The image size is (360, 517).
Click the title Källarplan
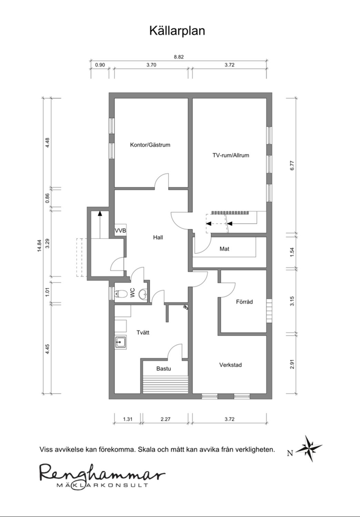[x=177, y=31]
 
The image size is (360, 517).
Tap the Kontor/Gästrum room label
[x=150, y=145]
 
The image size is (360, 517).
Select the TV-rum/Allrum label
[x=231, y=155]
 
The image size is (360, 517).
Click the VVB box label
[x=120, y=230]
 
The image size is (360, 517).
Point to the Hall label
[x=158, y=237]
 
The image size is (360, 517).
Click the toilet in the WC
[x=121, y=294]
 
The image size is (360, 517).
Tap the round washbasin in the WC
[x=143, y=294]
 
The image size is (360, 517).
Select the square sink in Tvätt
[x=121, y=342]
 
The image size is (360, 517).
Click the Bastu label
[x=163, y=368]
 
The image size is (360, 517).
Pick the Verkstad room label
[x=230, y=365]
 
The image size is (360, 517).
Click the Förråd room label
[x=244, y=302]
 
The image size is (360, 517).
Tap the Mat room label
[x=224, y=249]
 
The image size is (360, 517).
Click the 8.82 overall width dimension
[x=179, y=57]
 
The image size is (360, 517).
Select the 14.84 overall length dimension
[x=39, y=245]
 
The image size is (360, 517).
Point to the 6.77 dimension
[x=292, y=165]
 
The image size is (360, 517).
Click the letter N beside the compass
[x=290, y=453]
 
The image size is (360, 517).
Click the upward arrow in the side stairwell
[x=100, y=224]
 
